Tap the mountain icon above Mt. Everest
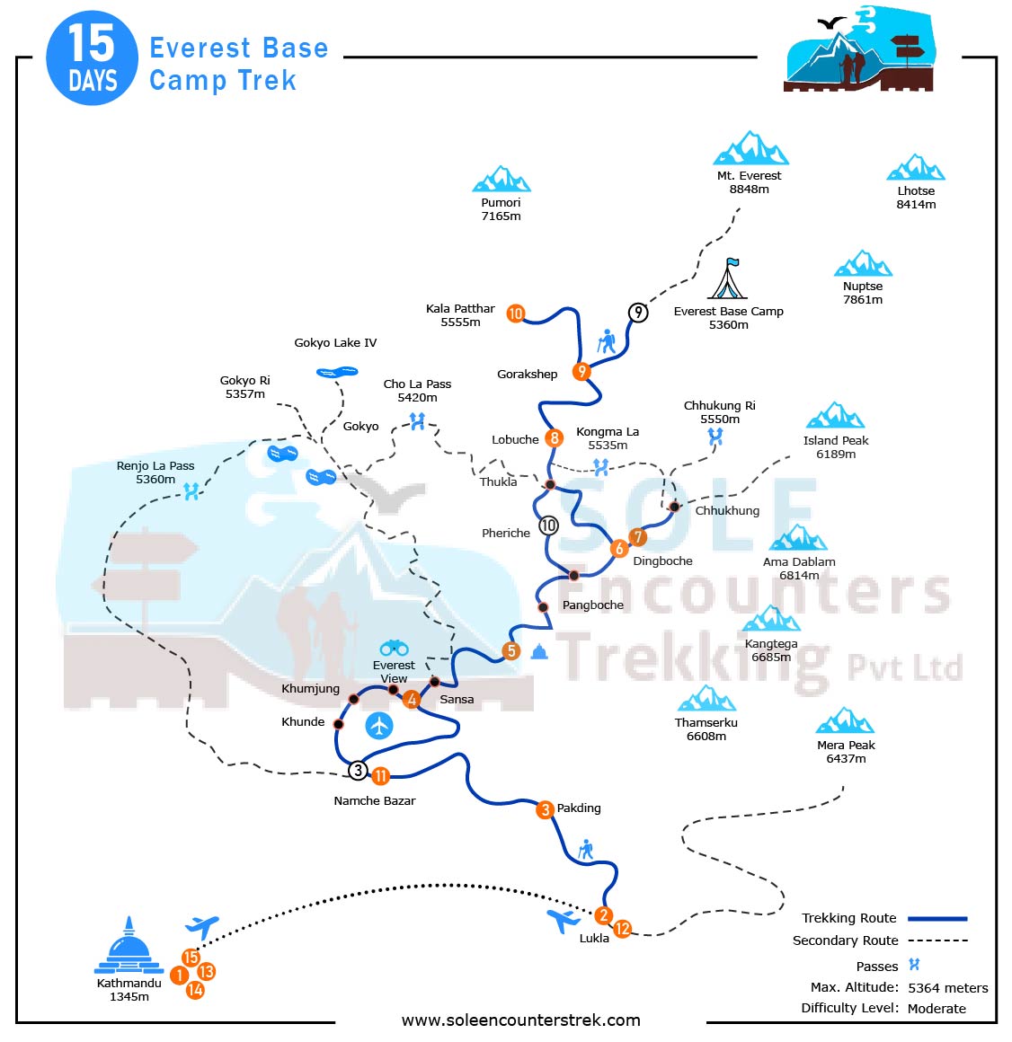click(x=750, y=149)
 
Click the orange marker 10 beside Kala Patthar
click(x=516, y=313)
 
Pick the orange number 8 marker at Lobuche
click(x=555, y=438)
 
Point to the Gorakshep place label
click(x=527, y=374)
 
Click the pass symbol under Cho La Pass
click(x=417, y=420)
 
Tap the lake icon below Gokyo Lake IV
click(x=337, y=372)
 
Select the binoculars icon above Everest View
click(x=394, y=648)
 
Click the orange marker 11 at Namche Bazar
click(x=381, y=776)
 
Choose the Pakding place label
click(x=579, y=808)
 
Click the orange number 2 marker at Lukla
click(x=603, y=915)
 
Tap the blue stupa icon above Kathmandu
click(x=129, y=947)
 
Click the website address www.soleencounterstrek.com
click(x=520, y=1020)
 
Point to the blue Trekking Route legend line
click(x=937, y=919)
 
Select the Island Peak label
click(x=836, y=440)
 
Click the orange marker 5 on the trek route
click(x=511, y=651)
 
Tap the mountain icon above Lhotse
click(x=916, y=168)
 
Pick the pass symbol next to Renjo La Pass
click(x=191, y=490)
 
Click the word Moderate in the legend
click(x=937, y=1009)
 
